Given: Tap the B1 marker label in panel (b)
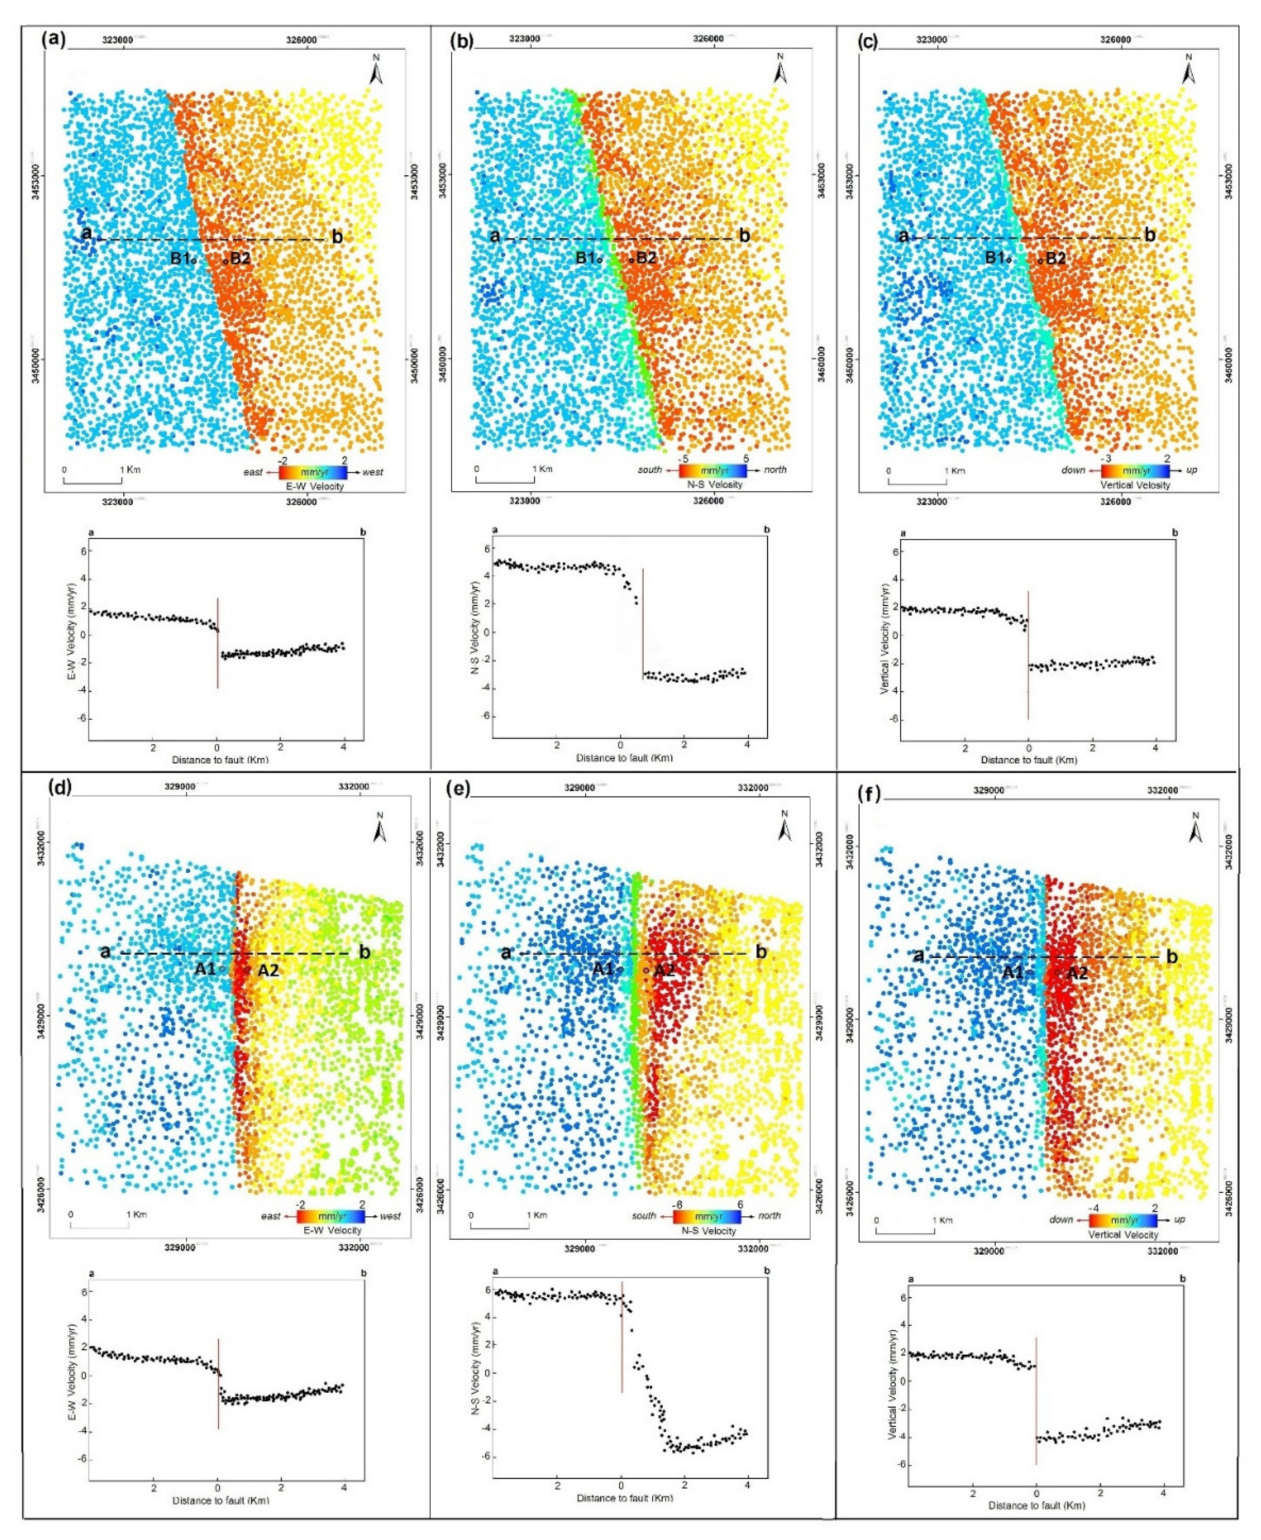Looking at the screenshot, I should (585, 257).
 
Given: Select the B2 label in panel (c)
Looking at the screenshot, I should (1056, 258).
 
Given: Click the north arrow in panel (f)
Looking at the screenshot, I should (1196, 828).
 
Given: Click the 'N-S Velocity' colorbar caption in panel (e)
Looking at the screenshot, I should (708, 1230).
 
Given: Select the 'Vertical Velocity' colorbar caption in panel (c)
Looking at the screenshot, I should (1135, 485).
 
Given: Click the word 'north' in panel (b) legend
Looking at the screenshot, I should (774, 470).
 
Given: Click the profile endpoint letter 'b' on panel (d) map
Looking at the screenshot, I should (365, 952).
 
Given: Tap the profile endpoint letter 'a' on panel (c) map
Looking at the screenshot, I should (903, 235).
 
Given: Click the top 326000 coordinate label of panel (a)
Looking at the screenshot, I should (300, 40).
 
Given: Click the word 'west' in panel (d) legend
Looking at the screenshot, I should (389, 1216).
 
